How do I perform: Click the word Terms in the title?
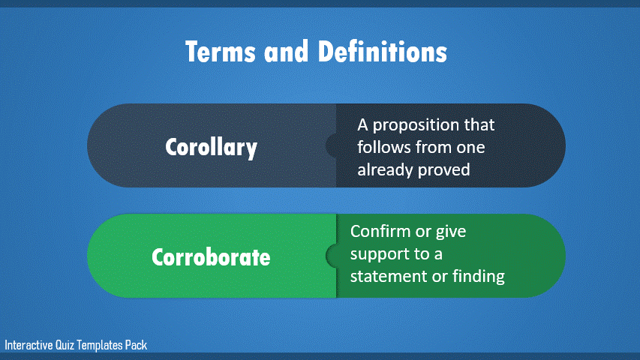(221, 52)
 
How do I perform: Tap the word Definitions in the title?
(382, 52)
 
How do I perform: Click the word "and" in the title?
(286, 52)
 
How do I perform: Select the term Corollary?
(211, 147)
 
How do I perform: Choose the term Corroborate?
(211, 257)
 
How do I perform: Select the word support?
(374, 255)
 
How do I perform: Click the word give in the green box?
(451, 232)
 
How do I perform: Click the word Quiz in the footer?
(65, 345)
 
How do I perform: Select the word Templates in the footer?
(100, 345)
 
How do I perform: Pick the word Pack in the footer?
(136, 345)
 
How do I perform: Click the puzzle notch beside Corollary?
(331, 145)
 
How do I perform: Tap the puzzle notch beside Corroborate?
(331, 256)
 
